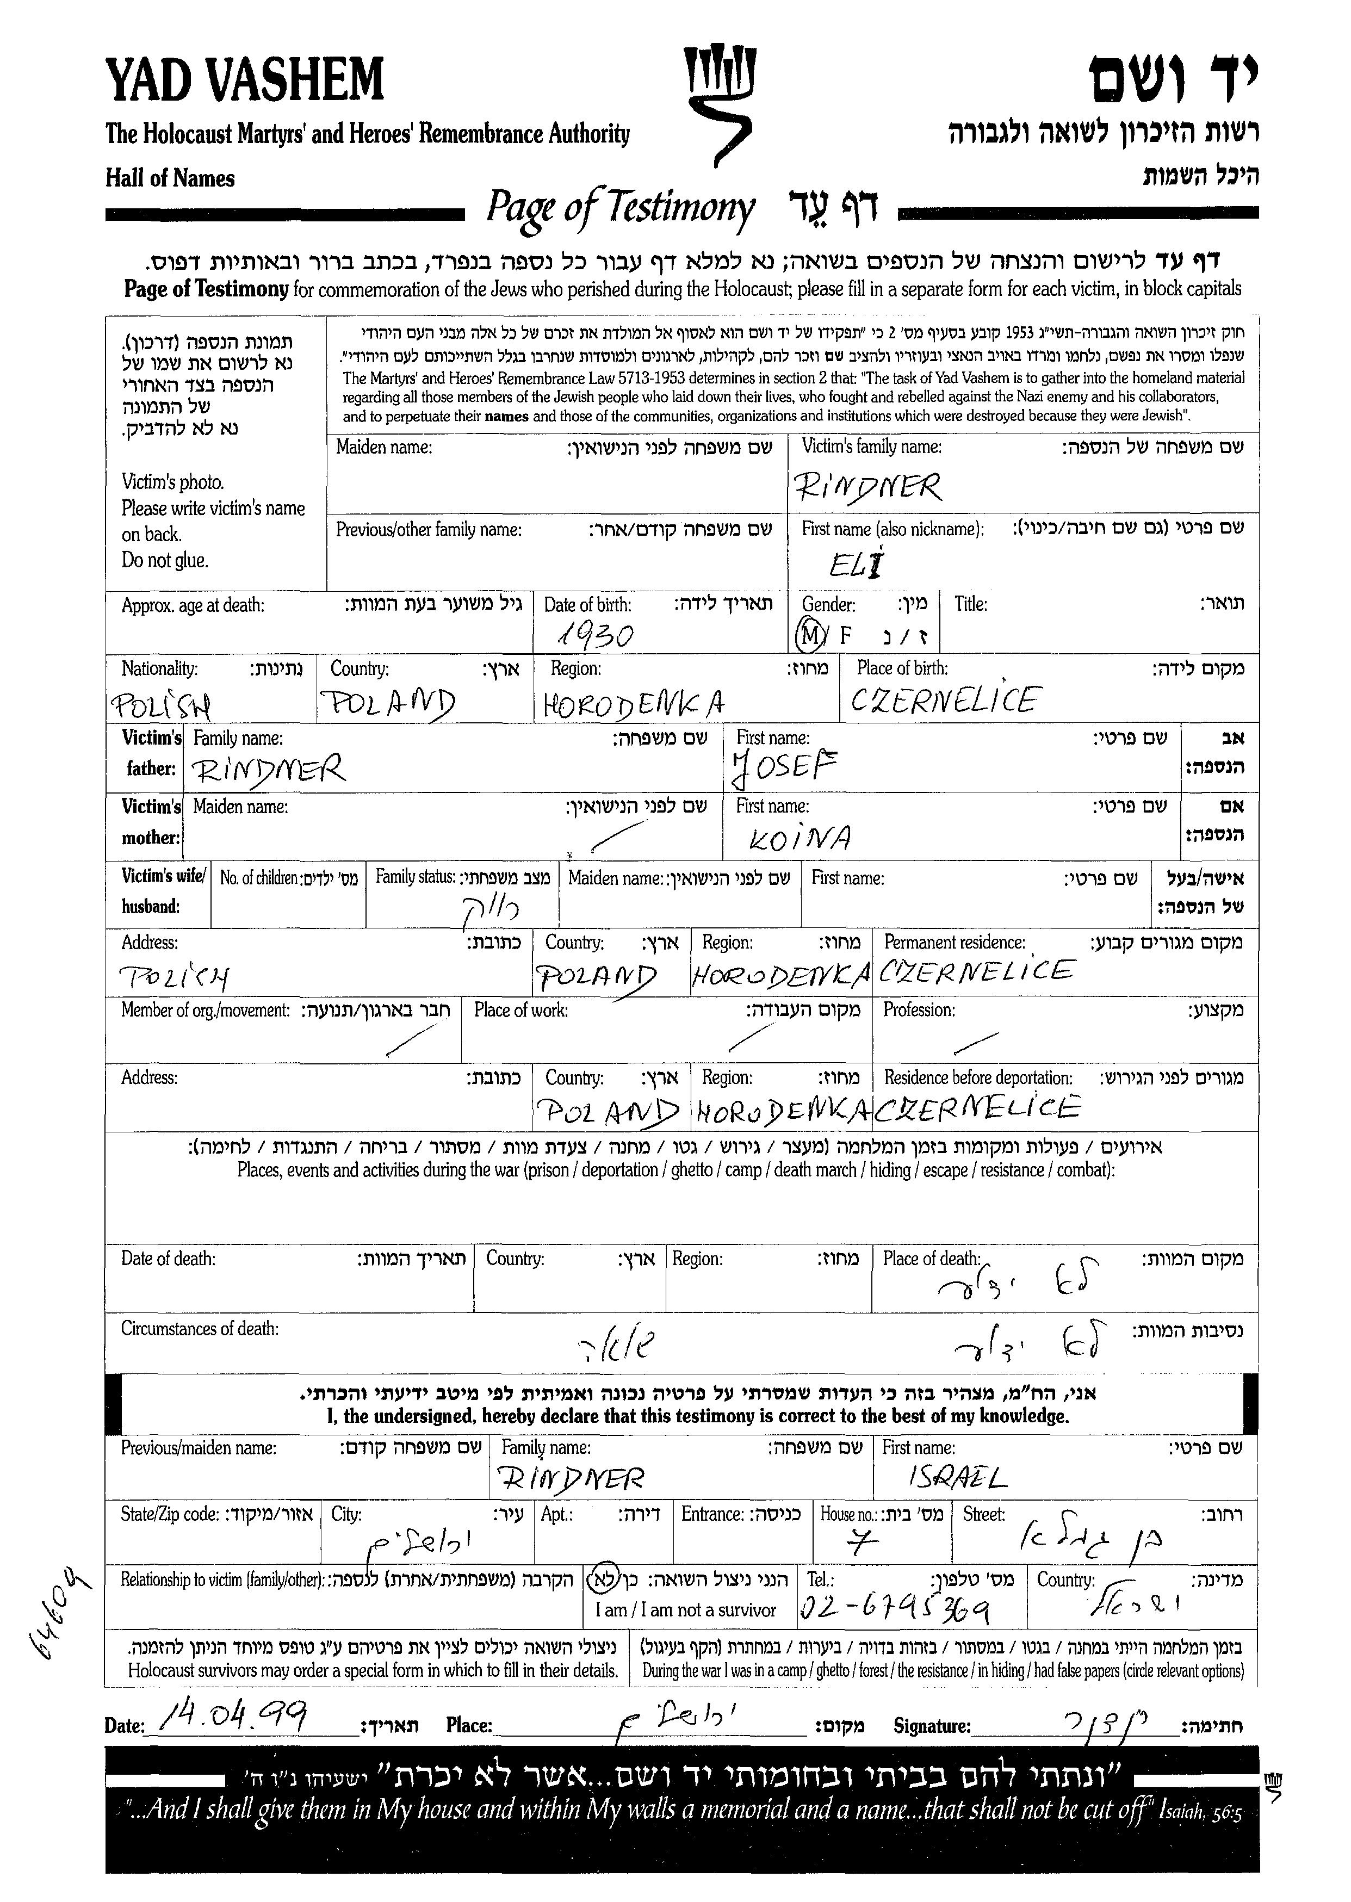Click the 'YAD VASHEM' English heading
click(x=245, y=80)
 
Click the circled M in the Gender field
click(x=809, y=635)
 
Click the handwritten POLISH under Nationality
click(x=160, y=705)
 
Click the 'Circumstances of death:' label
click(x=200, y=1329)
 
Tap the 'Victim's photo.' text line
click(x=172, y=482)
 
